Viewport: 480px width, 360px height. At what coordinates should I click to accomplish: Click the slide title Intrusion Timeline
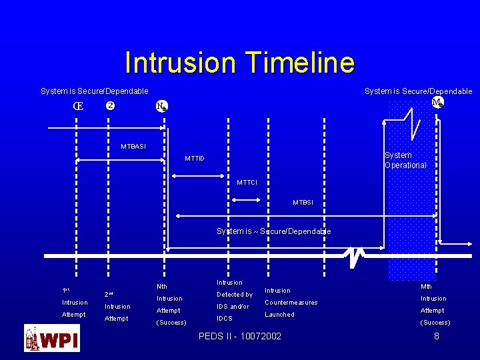coord(239,63)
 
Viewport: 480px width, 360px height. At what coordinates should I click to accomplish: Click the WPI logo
coord(51,338)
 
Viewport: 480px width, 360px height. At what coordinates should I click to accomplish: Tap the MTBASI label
coord(133,146)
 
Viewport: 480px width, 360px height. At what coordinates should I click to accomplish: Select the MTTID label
coord(195,158)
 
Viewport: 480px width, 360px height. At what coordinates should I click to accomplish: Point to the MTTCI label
coord(247,182)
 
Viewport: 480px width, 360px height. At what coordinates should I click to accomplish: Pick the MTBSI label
coord(303,202)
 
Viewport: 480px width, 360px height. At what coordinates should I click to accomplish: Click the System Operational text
coord(405,160)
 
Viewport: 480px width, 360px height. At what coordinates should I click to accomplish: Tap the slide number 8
coord(437,336)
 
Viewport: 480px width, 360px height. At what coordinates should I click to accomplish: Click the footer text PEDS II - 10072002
coord(240,336)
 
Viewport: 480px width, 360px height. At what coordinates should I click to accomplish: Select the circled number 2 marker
coord(111,106)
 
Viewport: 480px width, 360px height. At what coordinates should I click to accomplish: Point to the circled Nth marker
coord(162,106)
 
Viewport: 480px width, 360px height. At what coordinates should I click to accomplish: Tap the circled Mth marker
coord(437,103)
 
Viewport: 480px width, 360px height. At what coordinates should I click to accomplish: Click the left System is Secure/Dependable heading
coord(95,91)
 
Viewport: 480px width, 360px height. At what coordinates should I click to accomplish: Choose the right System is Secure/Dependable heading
coord(418,91)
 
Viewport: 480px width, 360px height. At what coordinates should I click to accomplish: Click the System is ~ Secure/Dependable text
coord(273,231)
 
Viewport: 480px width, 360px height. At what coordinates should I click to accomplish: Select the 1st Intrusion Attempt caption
coord(74,302)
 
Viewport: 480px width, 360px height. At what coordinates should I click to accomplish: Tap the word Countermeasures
coord(291,303)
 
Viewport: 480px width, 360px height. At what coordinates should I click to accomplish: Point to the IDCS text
coord(225,319)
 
